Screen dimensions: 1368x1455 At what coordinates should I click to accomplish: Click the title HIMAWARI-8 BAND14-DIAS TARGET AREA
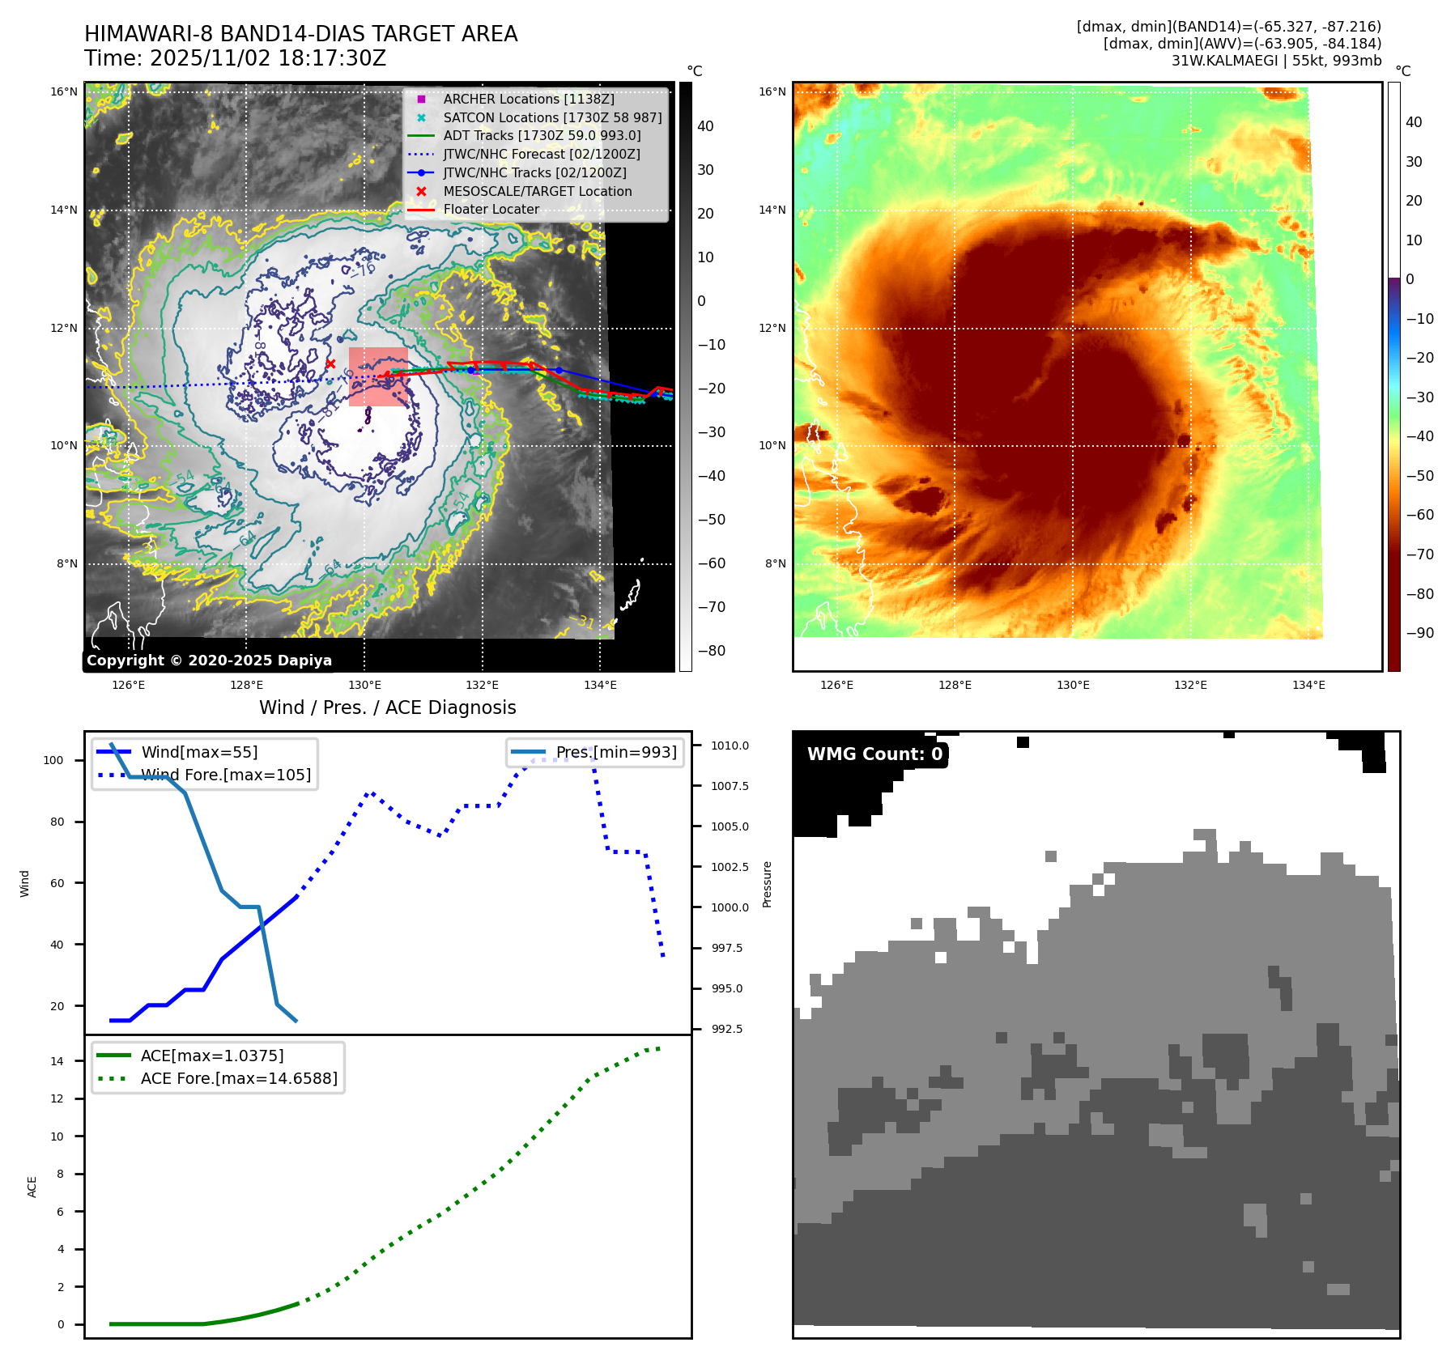(x=300, y=34)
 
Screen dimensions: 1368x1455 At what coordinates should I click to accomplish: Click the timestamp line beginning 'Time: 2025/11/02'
(x=235, y=58)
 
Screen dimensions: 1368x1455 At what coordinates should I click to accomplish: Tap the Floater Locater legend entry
(x=491, y=209)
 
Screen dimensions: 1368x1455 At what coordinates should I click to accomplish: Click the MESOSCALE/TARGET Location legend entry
(x=537, y=191)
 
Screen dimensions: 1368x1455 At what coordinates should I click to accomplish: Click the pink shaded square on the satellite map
(x=378, y=376)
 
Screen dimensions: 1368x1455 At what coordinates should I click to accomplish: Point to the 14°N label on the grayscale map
(x=64, y=210)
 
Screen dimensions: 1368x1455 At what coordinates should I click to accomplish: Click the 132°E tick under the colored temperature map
(x=1190, y=685)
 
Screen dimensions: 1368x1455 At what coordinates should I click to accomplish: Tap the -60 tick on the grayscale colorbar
(x=712, y=563)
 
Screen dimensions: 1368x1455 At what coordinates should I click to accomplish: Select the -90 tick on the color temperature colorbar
(x=1419, y=633)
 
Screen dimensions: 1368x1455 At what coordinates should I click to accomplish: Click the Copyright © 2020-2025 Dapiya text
(x=209, y=661)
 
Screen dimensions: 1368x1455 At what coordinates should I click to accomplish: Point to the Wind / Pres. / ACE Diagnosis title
(x=387, y=707)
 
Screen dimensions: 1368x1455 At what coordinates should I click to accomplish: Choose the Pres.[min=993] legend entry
(x=615, y=752)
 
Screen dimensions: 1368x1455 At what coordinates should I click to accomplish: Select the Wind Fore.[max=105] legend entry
(x=225, y=775)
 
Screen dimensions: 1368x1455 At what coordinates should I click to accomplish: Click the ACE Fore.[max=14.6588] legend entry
(x=238, y=1078)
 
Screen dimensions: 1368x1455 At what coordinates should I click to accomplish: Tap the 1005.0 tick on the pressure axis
(x=730, y=826)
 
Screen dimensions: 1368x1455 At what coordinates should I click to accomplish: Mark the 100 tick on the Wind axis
(x=53, y=760)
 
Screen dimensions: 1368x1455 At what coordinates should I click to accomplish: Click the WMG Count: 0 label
(x=874, y=754)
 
